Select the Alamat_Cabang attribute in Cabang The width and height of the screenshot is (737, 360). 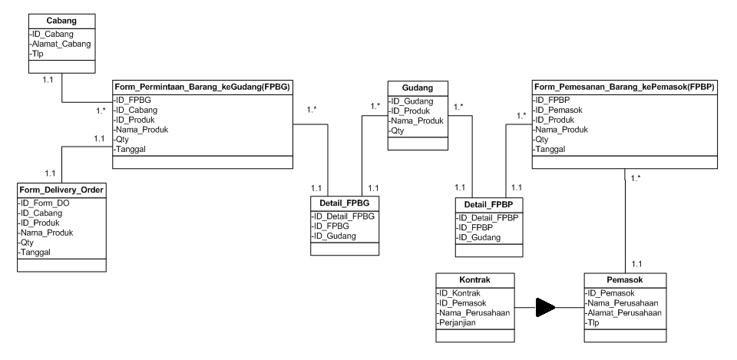click(61, 45)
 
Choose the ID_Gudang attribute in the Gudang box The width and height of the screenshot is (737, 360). click(412, 101)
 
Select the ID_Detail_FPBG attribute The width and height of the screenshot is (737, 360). click(343, 216)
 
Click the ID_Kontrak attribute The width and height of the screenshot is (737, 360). click(460, 293)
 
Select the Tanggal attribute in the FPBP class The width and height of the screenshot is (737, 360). click(551, 150)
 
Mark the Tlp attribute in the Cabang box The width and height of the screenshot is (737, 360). click(38, 55)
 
